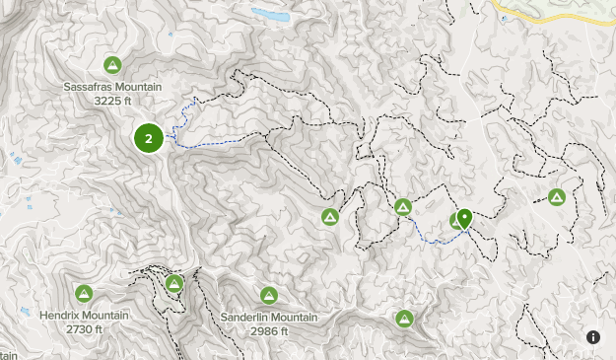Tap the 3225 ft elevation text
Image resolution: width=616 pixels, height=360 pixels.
[x=112, y=101]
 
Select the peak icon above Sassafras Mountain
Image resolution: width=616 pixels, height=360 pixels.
[x=112, y=65]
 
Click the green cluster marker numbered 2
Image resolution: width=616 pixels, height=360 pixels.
[x=149, y=138]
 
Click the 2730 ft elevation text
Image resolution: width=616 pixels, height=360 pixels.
[x=85, y=329]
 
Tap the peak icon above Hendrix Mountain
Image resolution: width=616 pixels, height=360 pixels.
[x=84, y=293]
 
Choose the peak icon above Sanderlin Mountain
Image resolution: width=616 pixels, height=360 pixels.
[x=268, y=295]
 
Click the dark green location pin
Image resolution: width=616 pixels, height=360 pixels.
[x=464, y=218]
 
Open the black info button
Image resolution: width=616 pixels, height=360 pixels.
[x=593, y=337]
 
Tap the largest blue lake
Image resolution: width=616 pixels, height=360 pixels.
[x=270, y=16]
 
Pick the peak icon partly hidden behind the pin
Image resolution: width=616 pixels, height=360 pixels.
[x=456, y=221]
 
